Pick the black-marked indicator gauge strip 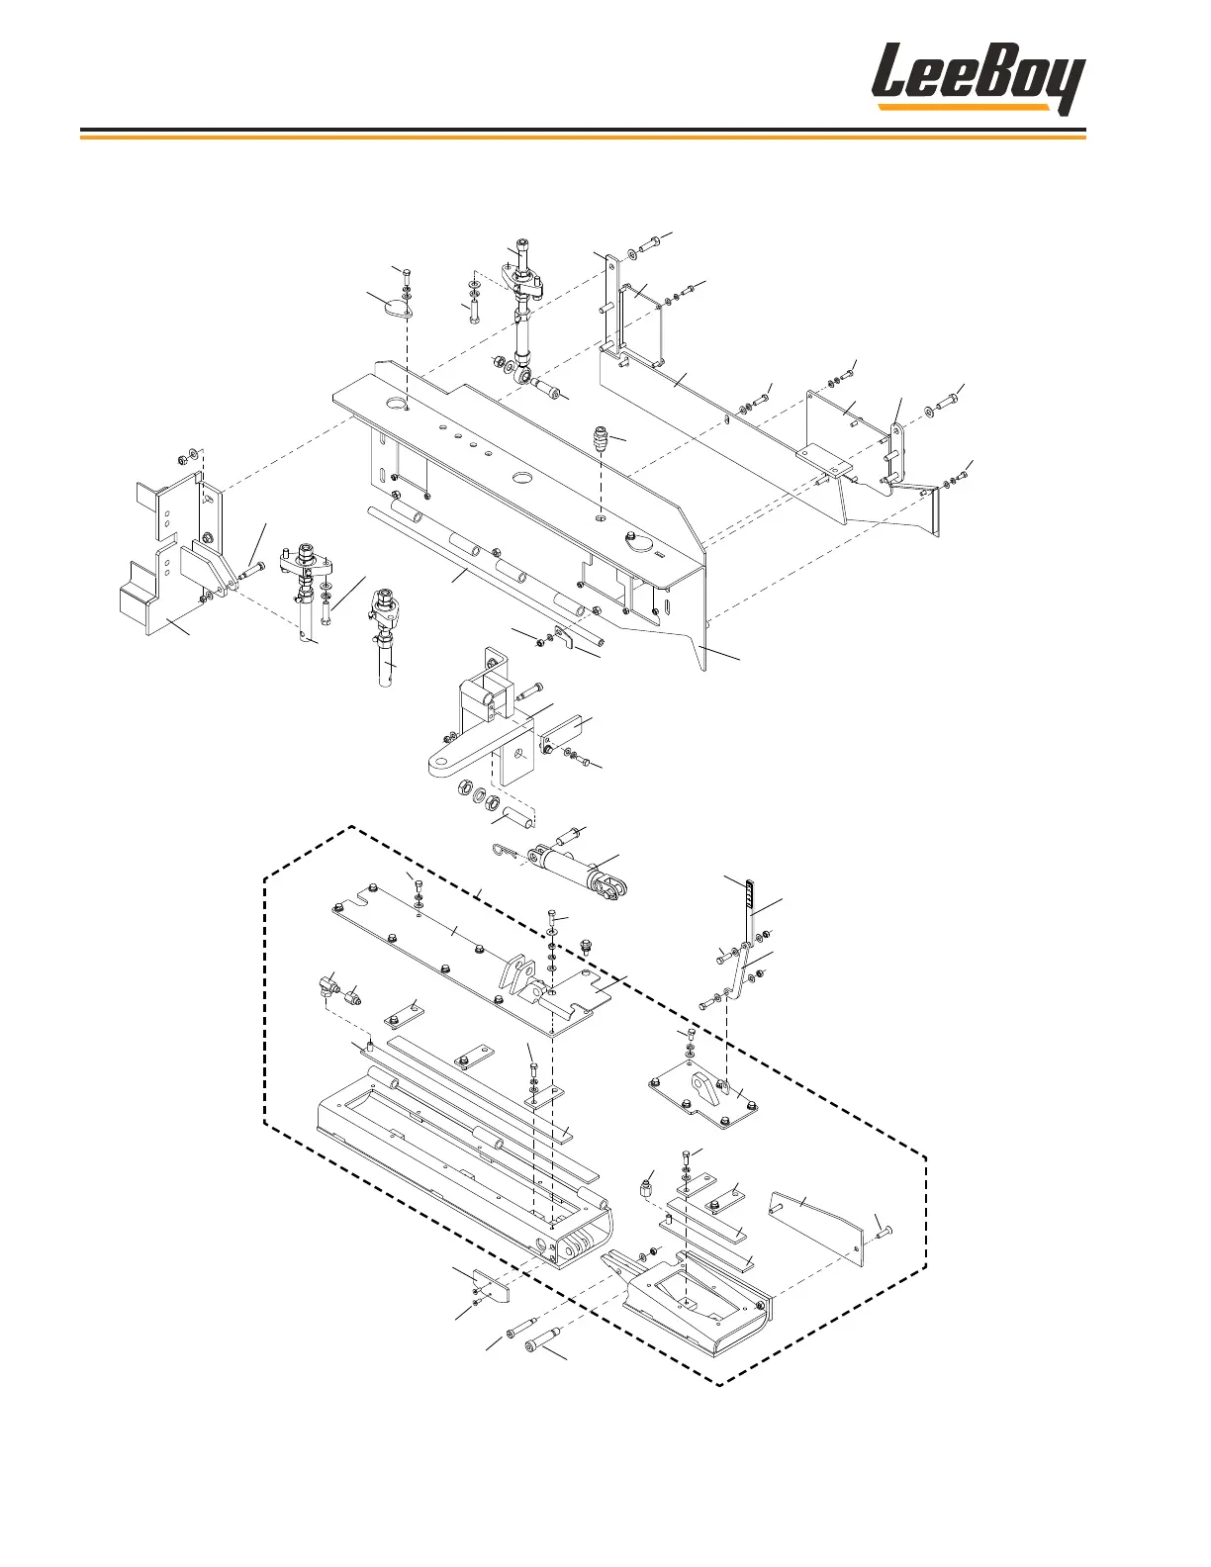pos(750,895)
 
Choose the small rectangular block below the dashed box pos(491,1286)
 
